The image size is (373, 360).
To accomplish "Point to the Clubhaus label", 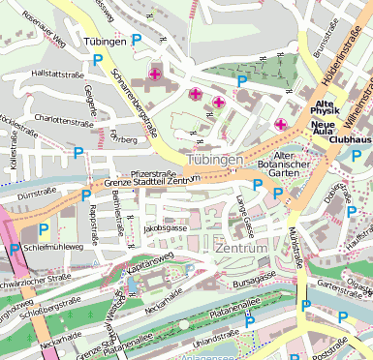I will [350, 138].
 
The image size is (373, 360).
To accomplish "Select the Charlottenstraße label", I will [63, 122].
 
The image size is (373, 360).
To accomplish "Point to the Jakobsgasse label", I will [164, 228].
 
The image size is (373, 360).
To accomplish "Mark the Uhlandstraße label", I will [215, 342].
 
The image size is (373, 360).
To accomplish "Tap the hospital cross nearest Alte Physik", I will [281, 124].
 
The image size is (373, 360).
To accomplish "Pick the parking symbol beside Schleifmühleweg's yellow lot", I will [44, 230].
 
